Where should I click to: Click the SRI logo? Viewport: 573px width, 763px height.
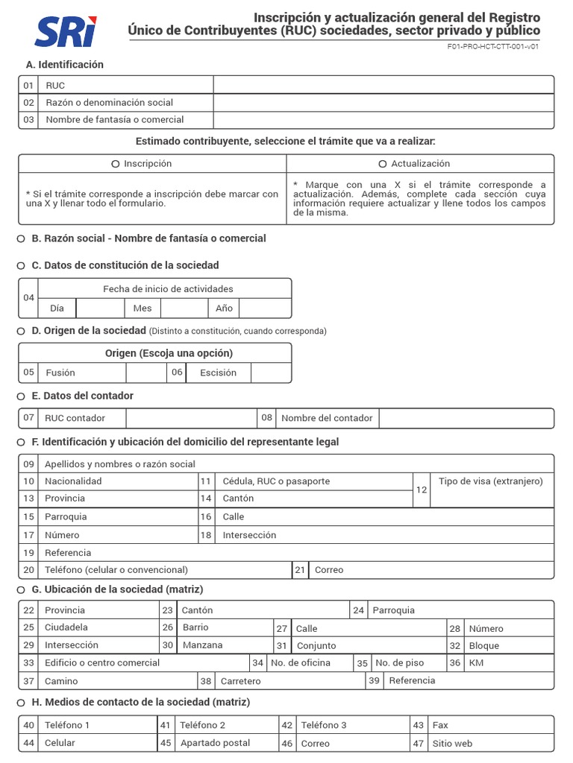65,31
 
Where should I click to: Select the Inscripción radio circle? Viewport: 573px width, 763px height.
115,164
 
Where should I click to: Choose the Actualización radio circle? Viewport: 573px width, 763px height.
383,164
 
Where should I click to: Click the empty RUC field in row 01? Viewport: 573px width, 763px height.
383,85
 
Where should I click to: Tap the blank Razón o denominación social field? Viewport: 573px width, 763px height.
383,102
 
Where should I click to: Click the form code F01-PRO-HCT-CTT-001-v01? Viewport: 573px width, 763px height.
493,46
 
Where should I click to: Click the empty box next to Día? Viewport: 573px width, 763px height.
99,308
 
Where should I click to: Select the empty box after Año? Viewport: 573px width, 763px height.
265,308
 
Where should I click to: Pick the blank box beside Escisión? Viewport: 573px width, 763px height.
271,373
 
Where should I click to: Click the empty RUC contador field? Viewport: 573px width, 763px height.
191,418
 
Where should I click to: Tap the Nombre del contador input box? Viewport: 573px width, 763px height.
466,418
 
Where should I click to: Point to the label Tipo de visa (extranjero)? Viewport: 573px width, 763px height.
491,481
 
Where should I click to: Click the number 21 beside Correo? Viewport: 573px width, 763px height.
300,570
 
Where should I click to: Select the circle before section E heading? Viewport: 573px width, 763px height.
21,396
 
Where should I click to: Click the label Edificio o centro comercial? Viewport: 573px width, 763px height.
102,663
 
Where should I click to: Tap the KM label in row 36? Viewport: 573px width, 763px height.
476,663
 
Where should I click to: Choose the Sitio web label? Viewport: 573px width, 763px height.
452,744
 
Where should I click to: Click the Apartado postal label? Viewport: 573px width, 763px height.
216,744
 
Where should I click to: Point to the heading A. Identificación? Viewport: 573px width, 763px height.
65,65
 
